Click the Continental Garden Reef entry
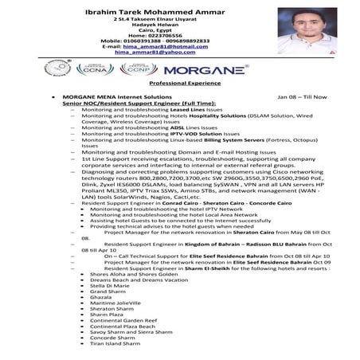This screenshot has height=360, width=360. pyautogui.click(x=123, y=319)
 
